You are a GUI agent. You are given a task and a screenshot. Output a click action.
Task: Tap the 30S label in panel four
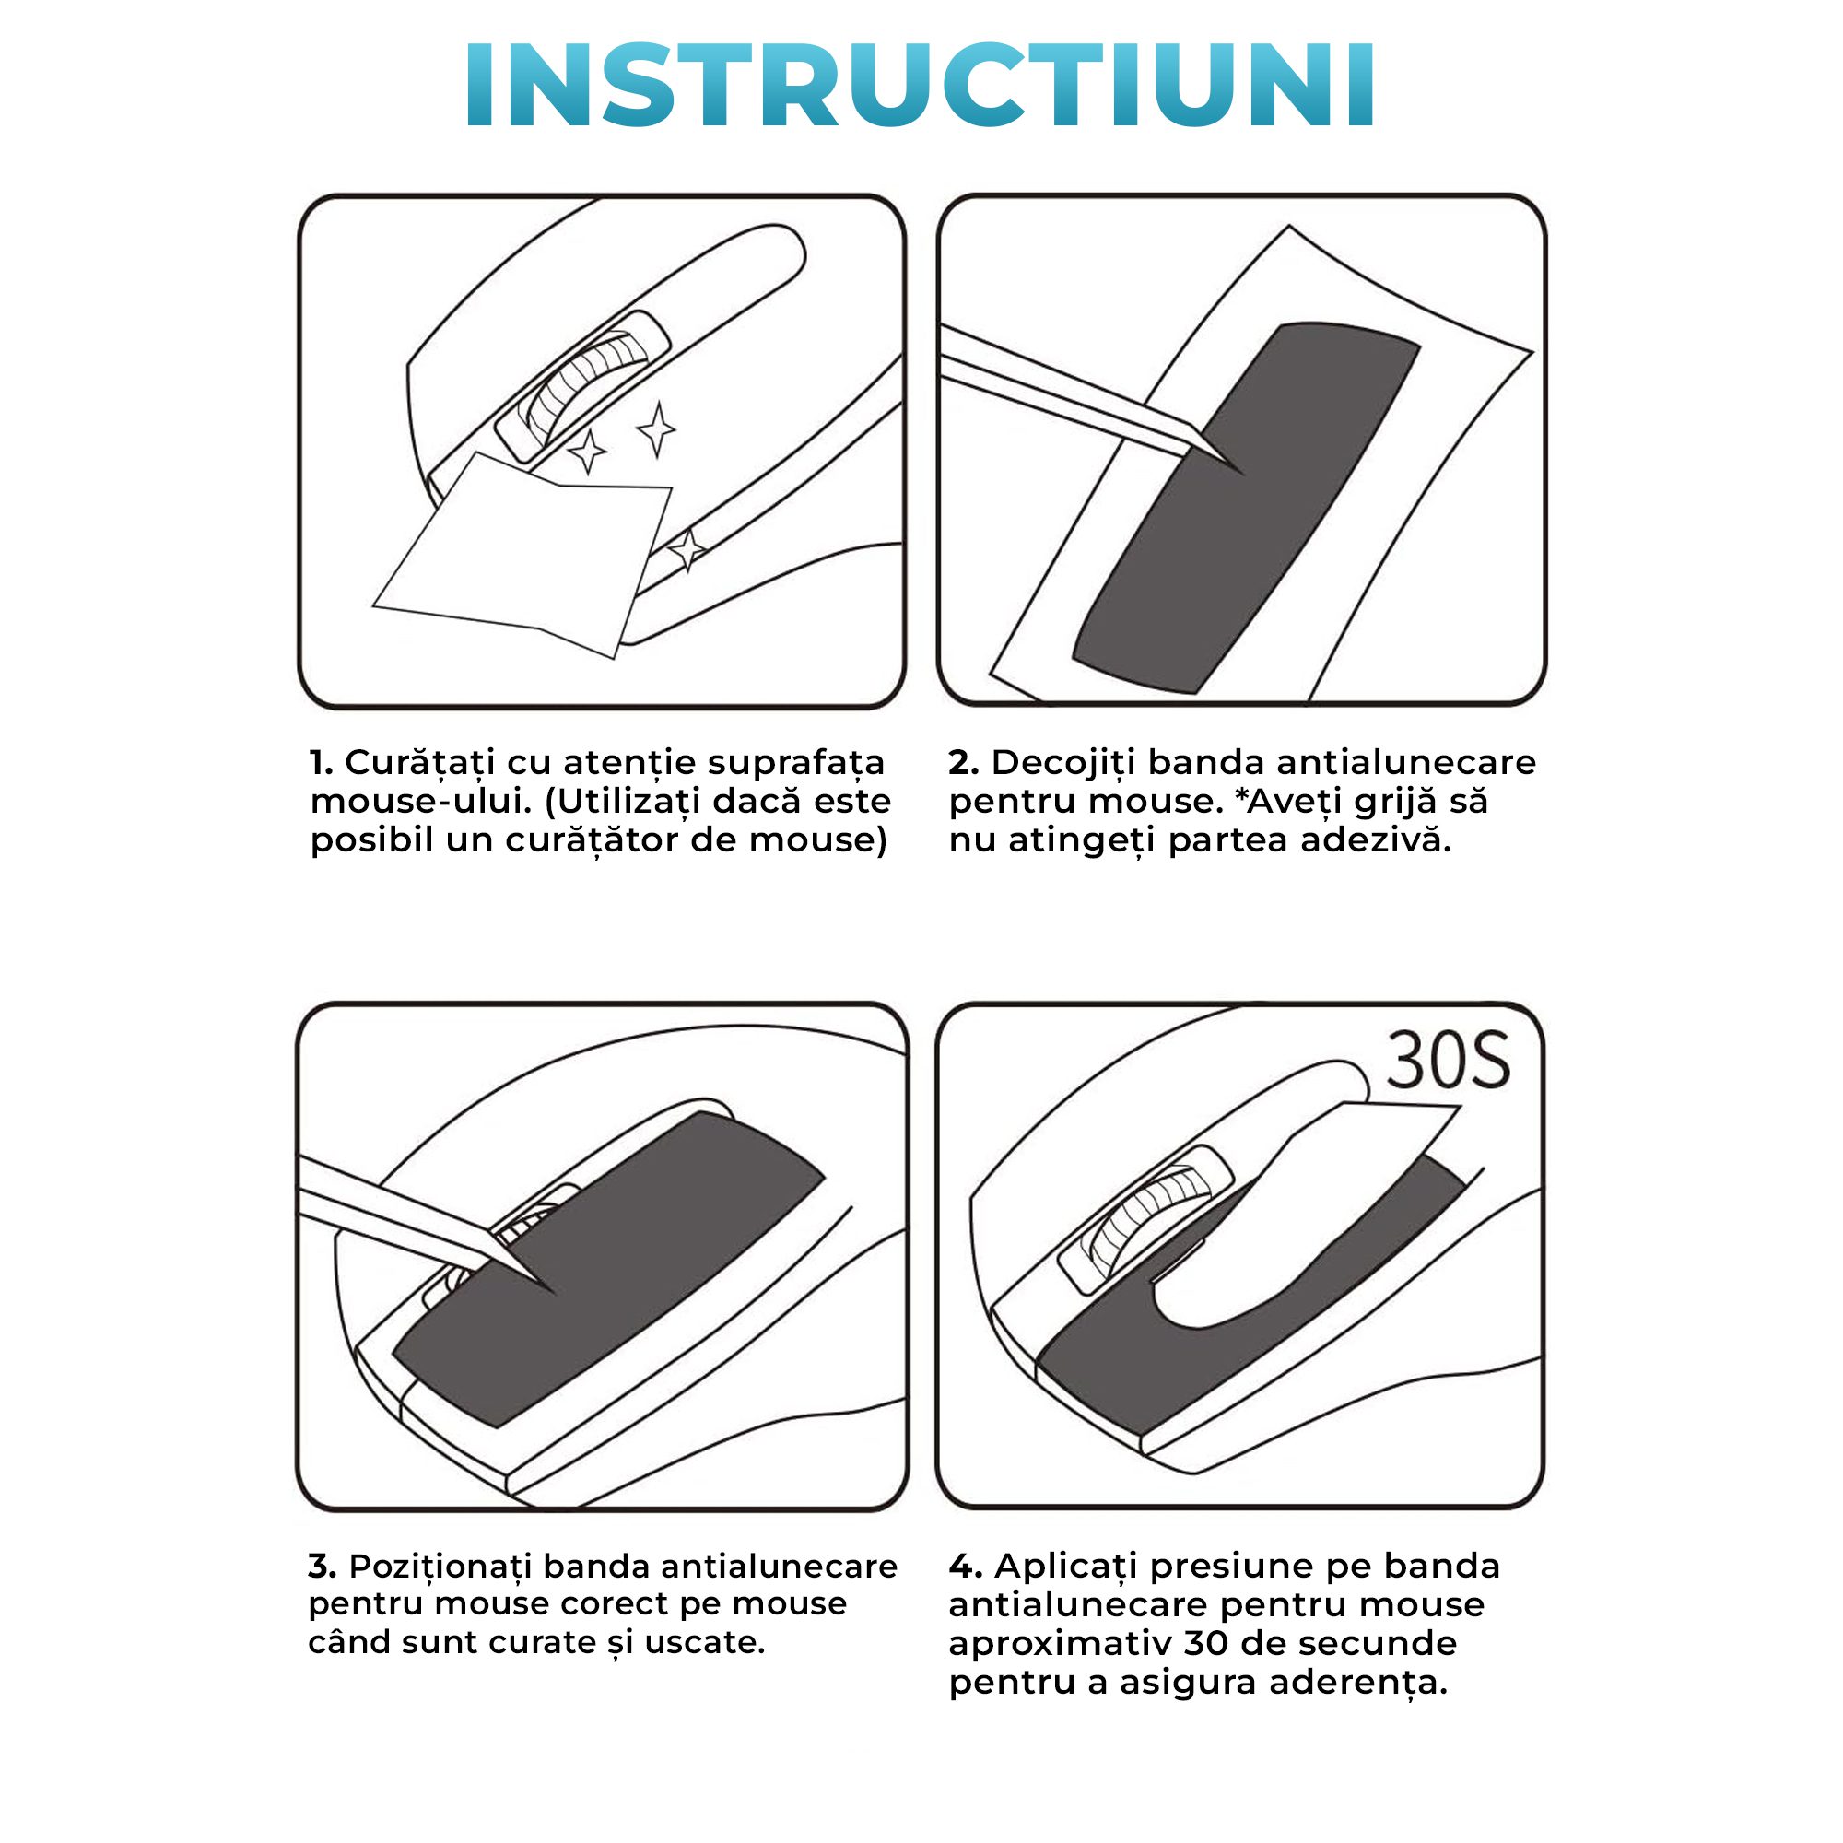click(x=1448, y=1060)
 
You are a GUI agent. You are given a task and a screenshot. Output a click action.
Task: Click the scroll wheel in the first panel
click(x=581, y=387)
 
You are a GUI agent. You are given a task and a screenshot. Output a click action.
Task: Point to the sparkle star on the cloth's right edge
click(x=687, y=551)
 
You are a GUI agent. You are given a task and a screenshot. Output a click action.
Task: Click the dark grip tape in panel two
click(x=1247, y=507)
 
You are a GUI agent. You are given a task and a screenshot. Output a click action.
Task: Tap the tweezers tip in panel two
click(x=1244, y=474)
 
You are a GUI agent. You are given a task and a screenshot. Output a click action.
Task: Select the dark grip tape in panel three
click(x=607, y=1268)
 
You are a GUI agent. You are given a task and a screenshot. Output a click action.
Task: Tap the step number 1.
click(x=322, y=762)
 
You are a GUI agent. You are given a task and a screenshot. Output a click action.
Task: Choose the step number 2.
click(x=964, y=762)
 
